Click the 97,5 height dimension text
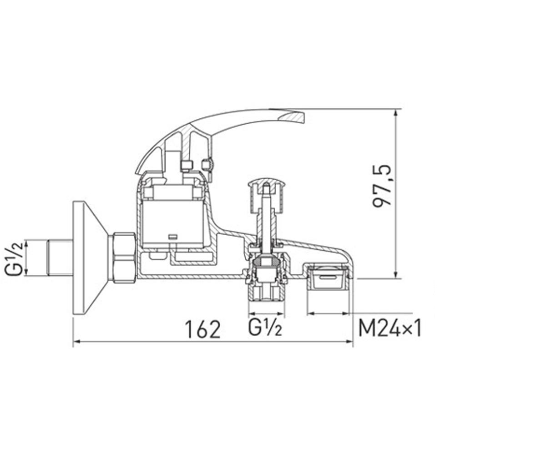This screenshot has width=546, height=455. (x=382, y=186)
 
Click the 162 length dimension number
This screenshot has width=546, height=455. (x=202, y=329)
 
